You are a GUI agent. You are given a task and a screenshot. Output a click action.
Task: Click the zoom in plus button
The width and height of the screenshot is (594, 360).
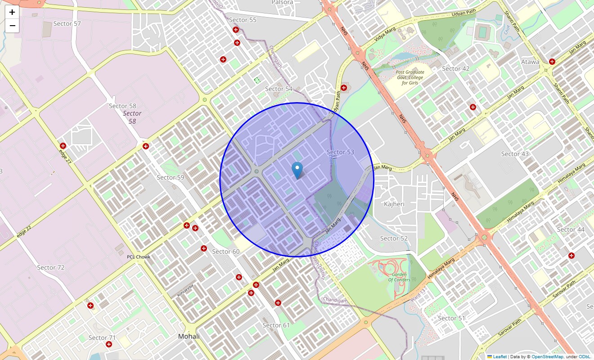point(12,12)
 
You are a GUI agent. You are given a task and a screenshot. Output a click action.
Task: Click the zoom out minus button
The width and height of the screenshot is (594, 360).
point(12,26)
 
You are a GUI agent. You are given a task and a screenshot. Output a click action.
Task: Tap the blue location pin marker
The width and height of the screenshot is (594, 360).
point(297,171)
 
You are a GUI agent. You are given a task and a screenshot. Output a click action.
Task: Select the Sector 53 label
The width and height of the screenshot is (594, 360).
point(340,152)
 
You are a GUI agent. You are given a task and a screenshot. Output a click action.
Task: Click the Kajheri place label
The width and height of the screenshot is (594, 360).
point(394,204)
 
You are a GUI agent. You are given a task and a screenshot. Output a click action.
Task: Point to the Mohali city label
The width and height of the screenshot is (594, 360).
point(189,336)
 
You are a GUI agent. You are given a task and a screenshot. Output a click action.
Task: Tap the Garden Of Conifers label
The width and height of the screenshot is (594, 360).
point(399,277)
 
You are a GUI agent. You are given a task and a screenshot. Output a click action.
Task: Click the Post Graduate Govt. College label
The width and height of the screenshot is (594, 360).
point(409,77)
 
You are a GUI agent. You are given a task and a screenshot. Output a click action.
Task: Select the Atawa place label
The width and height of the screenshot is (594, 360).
point(530,62)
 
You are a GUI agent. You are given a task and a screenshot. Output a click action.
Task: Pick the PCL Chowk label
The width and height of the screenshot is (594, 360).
point(138,257)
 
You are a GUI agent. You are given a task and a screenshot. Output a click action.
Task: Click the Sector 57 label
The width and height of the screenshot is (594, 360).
point(67,23)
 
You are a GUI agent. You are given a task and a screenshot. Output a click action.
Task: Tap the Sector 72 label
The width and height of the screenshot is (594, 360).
point(51,267)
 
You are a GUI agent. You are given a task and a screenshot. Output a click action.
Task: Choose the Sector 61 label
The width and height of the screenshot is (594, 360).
point(276,325)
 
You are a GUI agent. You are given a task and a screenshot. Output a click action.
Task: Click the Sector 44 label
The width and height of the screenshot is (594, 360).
point(571,229)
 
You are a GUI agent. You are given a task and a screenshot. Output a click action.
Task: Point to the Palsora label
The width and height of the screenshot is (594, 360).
point(282,3)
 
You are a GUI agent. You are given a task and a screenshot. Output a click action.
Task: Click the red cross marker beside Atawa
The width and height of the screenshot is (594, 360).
point(552,62)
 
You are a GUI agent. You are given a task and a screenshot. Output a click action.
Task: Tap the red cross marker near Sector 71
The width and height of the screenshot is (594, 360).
point(109,344)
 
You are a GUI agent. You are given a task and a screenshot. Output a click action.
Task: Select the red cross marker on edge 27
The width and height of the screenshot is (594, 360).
point(63,146)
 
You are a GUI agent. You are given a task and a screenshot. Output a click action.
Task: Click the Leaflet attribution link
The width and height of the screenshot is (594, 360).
point(499,356)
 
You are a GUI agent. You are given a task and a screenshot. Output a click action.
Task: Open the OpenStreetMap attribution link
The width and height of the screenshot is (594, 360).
point(547,356)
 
